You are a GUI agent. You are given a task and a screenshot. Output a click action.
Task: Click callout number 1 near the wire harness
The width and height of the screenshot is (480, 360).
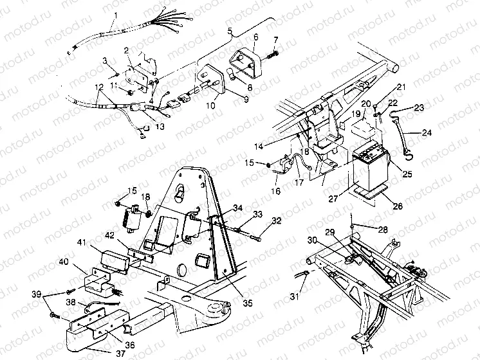tap(116, 15)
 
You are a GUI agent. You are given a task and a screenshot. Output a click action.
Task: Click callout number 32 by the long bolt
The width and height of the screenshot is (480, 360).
tap(276, 221)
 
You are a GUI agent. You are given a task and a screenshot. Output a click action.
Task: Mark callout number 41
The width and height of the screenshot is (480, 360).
tap(82, 242)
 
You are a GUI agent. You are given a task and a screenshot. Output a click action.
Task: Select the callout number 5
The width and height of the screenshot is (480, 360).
tap(230, 32)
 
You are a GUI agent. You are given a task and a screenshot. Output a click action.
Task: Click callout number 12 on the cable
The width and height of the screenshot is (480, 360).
tap(98, 87)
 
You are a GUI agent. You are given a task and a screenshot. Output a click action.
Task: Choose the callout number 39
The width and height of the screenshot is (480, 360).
tap(37, 294)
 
